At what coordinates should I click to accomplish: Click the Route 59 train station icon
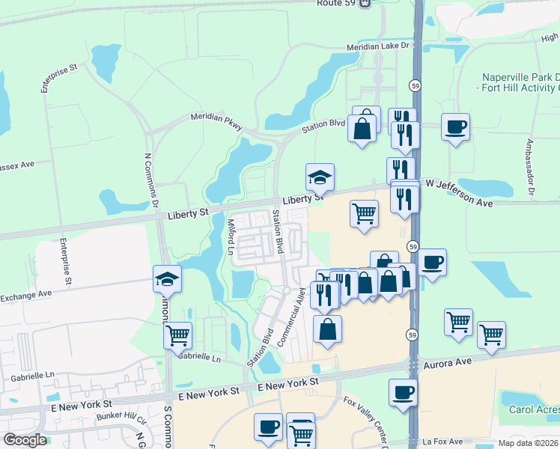tap(365, 4)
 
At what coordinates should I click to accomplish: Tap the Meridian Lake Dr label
tap(380, 46)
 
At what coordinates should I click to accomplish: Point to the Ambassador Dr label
tap(529, 166)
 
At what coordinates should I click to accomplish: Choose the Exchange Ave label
tap(25, 293)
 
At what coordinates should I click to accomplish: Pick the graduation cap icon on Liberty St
tap(320, 177)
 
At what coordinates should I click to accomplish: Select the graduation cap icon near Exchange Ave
tap(167, 279)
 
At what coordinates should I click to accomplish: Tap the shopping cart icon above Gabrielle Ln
tap(178, 336)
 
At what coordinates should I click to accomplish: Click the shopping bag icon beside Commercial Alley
tap(327, 329)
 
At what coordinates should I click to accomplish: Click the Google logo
tap(25, 440)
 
